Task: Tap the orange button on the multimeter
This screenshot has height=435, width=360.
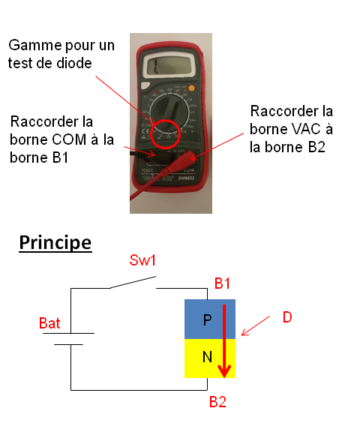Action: coord(191,88)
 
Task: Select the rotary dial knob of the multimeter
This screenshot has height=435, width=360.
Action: coord(169,112)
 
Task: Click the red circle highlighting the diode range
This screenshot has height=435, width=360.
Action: coord(166,134)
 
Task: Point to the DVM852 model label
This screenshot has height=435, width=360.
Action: coord(187,178)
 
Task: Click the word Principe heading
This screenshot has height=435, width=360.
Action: coord(55,243)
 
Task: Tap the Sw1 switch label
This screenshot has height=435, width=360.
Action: coord(142,260)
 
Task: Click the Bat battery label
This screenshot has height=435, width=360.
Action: coord(49,323)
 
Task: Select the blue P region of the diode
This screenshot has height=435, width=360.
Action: coord(210,319)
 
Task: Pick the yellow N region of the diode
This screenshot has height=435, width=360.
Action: coord(210,358)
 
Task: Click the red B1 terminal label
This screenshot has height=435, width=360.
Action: coord(222,283)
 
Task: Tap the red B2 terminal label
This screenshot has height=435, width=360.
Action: coord(217,402)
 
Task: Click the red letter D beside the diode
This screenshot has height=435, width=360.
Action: coord(287,317)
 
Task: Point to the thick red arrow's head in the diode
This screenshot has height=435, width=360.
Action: coord(224,371)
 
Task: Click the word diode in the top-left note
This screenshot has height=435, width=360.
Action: coord(73,63)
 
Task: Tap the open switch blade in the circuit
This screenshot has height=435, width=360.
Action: coord(133,282)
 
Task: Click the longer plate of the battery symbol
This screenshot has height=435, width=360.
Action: coord(68,333)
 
